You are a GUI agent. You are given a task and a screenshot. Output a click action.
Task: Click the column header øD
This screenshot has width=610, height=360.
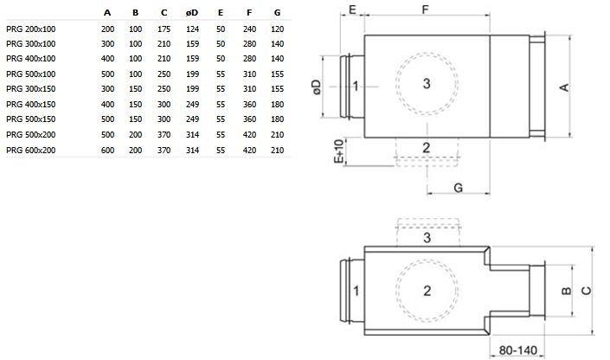192,13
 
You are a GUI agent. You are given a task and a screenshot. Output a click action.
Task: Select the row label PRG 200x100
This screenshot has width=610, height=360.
31,29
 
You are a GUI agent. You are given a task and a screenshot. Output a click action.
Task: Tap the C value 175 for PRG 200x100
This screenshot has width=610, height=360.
164,29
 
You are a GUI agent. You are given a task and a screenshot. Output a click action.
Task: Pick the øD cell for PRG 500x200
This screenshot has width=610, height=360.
192,135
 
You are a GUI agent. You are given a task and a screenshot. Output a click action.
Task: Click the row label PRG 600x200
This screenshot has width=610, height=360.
31,151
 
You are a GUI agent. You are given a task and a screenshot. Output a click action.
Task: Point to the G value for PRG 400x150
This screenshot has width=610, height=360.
277,105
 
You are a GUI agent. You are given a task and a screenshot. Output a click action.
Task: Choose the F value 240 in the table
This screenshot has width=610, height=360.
249,29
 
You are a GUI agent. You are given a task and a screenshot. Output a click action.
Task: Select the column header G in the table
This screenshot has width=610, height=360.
277,13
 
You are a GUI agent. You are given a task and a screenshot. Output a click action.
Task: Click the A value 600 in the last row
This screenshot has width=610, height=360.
107,151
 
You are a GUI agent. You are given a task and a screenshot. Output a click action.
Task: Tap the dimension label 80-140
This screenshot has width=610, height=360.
517,350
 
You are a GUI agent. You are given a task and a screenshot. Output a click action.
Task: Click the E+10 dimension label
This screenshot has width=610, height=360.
339,151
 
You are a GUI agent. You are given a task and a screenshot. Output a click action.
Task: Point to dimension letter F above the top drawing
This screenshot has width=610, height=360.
425,10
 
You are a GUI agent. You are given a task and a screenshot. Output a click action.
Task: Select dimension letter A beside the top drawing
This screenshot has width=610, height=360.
564,87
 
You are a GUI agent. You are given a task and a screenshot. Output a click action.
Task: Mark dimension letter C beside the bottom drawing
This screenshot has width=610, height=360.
586,291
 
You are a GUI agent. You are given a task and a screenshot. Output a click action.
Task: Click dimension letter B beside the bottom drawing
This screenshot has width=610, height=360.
567,291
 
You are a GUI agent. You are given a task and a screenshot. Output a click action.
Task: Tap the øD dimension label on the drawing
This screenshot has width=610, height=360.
317,87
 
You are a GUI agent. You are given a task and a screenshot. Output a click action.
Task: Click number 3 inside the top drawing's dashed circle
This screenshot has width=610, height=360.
427,83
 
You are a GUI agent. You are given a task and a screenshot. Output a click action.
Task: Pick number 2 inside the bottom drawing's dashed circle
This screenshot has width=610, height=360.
427,291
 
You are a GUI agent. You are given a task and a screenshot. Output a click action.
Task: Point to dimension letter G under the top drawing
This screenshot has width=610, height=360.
459,188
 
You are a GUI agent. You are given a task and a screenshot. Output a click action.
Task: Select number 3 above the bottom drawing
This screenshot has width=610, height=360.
427,238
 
